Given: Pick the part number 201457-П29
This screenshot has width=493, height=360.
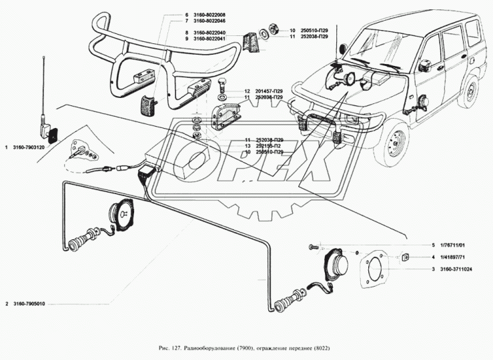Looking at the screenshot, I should point(264,91).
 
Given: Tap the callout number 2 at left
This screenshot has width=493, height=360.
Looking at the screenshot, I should point(7,305).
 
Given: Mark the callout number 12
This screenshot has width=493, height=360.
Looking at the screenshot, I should point(246,91).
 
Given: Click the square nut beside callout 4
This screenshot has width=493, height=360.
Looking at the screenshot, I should point(404,256).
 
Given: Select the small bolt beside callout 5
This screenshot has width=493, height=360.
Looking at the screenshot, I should point(314,246).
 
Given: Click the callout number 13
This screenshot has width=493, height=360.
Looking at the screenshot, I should point(246,146).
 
